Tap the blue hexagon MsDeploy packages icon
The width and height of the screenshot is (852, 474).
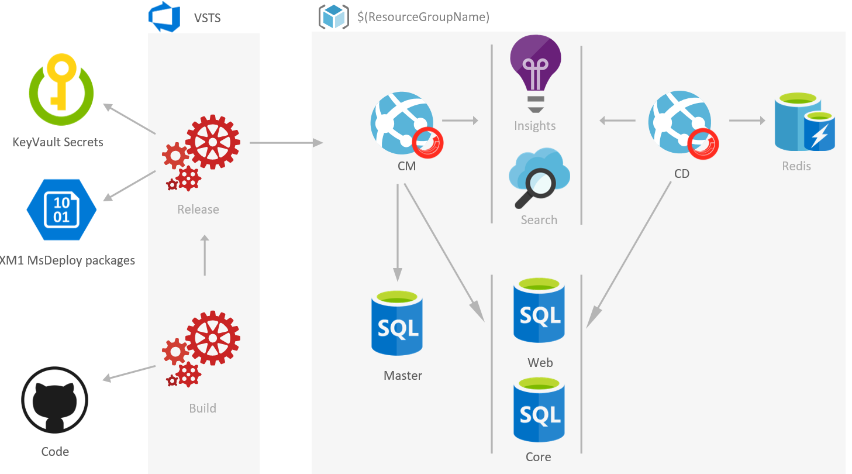pyautogui.click(x=61, y=209)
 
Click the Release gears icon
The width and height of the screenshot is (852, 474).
pyautogui.click(x=201, y=154)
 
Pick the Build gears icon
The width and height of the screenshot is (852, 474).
pyautogui.click(x=201, y=349)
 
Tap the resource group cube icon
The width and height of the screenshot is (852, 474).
pyautogui.click(x=334, y=17)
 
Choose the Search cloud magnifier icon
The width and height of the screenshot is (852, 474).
pyautogui.click(x=539, y=178)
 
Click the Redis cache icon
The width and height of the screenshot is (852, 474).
pyautogui.click(x=804, y=123)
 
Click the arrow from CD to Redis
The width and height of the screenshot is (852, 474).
pyautogui.click(x=747, y=121)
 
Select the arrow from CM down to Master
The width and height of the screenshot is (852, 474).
pyautogui.click(x=398, y=232)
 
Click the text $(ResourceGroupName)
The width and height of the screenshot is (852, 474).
pyautogui.click(x=423, y=17)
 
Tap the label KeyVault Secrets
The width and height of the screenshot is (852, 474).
pyautogui.click(x=58, y=142)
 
